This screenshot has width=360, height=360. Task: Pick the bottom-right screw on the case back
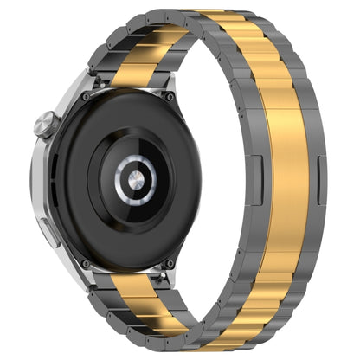point(170,263)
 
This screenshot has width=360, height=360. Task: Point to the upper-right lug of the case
point(173,82)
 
